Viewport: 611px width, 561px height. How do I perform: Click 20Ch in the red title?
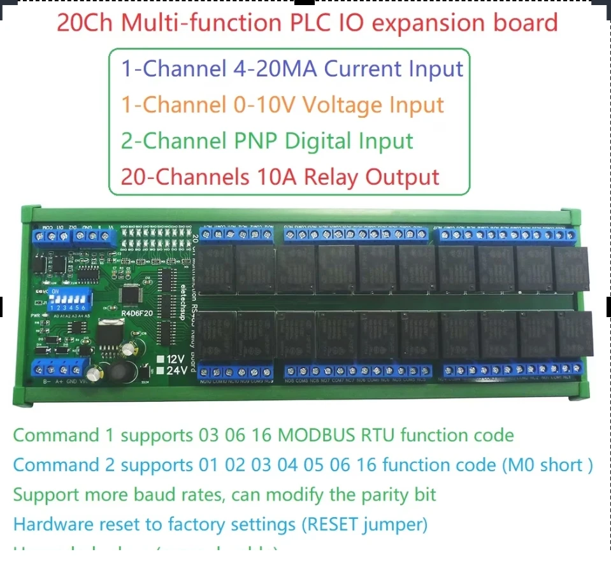(85, 23)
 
